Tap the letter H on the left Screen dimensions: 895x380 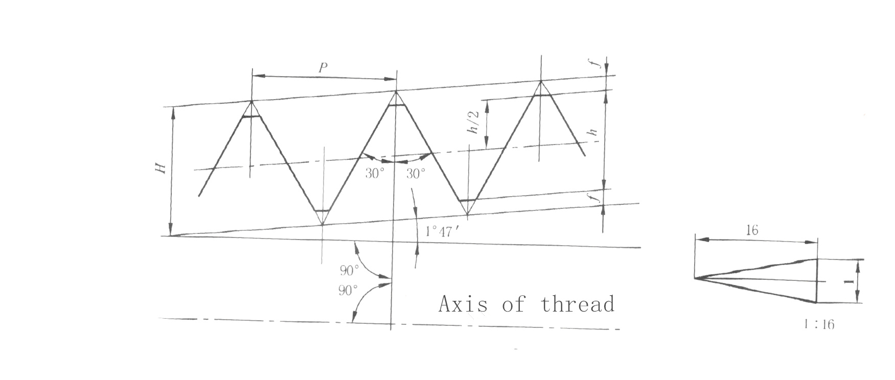(162, 168)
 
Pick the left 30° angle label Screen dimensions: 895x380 (374, 174)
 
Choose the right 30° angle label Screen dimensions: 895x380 (416, 174)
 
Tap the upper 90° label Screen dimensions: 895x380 (350, 270)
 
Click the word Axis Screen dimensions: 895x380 (463, 304)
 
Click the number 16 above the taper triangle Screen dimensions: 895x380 (751, 230)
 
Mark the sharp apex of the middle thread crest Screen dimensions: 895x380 (396, 91)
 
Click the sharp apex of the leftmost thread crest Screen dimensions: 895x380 (251, 101)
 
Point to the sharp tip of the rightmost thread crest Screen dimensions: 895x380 (540, 81)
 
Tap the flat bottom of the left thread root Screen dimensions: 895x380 (322, 210)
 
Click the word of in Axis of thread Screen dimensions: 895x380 (513, 304)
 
